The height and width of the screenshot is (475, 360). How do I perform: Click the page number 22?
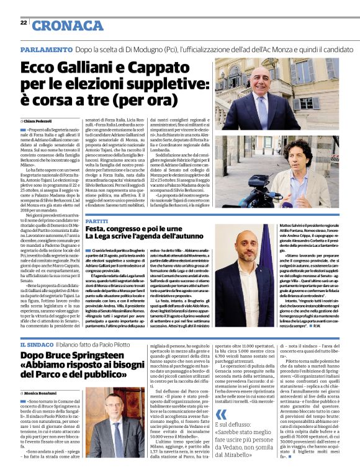point(23,22)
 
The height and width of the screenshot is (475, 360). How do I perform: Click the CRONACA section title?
point(68,25)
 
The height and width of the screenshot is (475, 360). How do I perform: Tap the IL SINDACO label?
point(35,344)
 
